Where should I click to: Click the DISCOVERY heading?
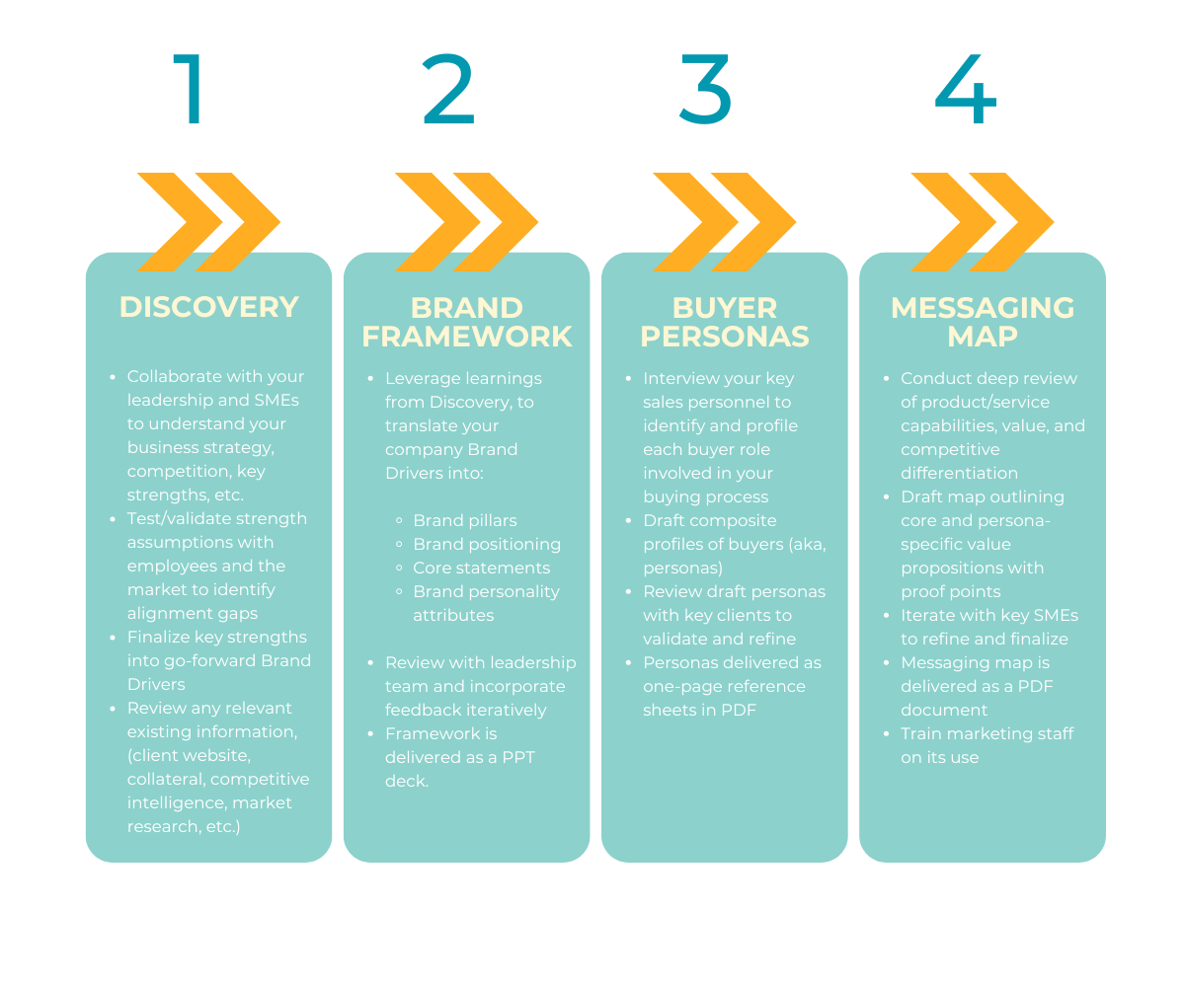pos(208,307)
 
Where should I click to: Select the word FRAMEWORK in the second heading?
pos(467,337)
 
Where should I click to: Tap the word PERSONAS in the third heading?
pos(725,337)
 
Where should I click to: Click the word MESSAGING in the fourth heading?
pos(983,308)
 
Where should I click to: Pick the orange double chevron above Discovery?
pos(208,222)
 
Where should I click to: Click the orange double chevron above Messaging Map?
pos(983,222)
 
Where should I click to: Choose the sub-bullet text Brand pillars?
pos(464,520)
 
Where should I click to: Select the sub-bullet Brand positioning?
pos(486,544)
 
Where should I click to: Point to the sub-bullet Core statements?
pos(481,568)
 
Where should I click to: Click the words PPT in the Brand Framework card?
pos(516,757)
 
